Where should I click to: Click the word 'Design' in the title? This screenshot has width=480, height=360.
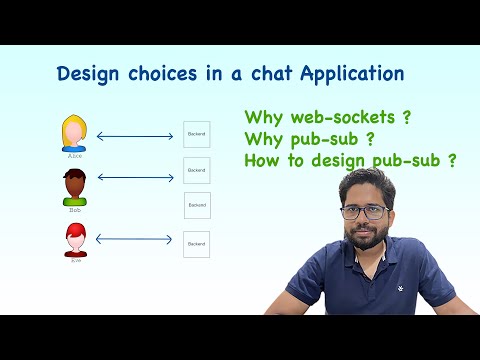tap(87, 74)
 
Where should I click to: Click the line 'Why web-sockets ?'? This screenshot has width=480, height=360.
tap(327, 116)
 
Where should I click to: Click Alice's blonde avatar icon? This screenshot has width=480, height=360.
tap(74, 132)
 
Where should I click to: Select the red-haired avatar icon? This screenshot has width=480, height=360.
tap(75, 239)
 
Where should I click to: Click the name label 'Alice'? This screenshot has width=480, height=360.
tap(74, 156)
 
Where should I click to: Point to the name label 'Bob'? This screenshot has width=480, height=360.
tap(75, 210)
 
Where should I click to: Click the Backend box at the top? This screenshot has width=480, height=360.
tap(196, 135)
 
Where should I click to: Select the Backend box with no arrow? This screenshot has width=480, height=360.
tap(197, 206)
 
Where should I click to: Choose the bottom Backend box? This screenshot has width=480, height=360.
tap(196, 243)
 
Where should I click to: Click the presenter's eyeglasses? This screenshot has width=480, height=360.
tap(365, 211)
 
